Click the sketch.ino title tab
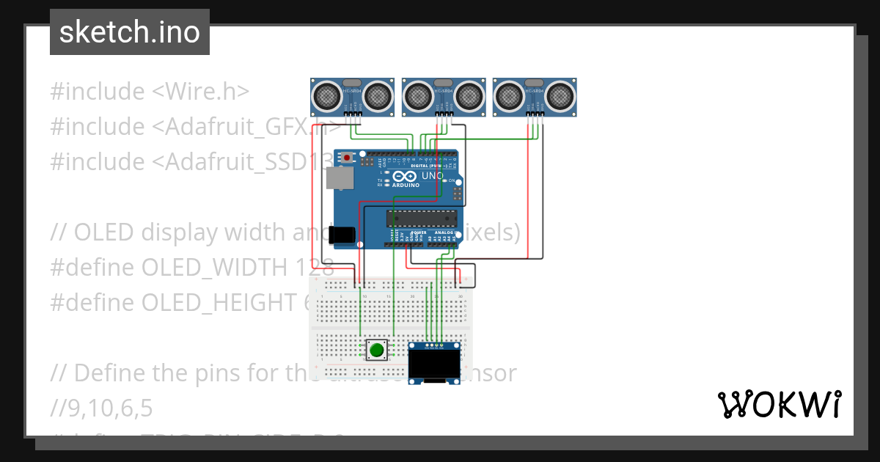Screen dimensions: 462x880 click(x=129, y=32)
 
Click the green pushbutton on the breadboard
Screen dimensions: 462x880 click(x=377, y=350)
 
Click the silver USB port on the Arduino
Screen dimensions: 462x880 click(x=339, y=177)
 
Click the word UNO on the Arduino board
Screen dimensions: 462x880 click(x=432, y=176)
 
